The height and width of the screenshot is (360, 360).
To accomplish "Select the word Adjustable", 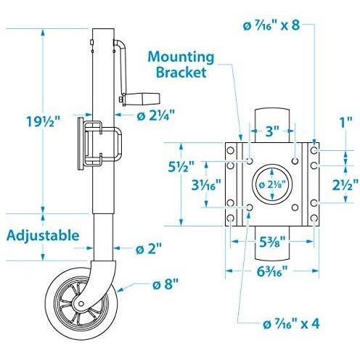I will pyautogui.click(x=42, y=235).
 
